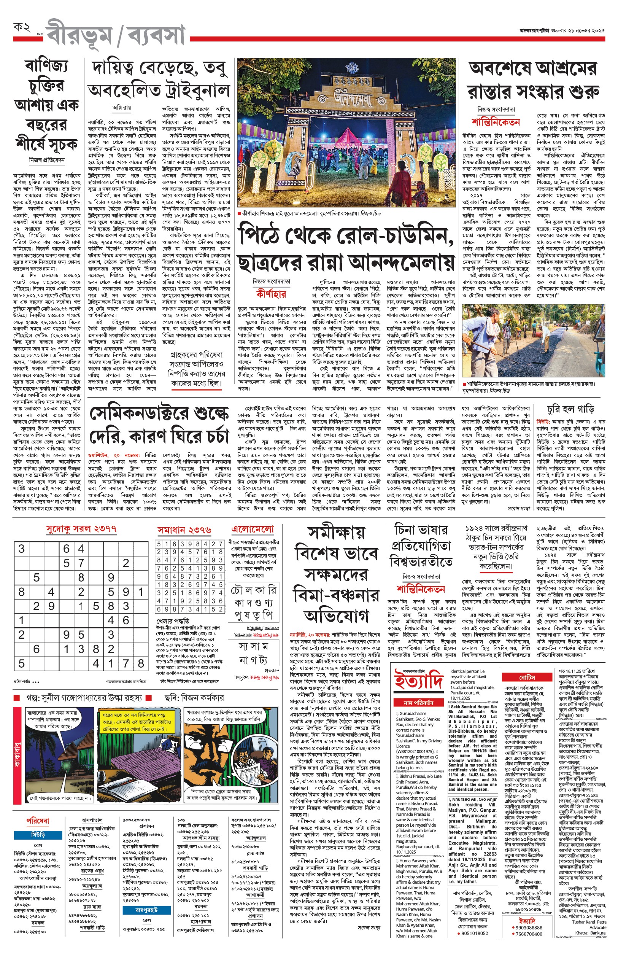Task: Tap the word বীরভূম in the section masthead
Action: pos(79,35)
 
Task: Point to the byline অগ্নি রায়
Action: pos(121,108)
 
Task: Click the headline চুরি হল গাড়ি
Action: pos(570,410)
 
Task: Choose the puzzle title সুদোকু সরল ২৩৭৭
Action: pos(81,528)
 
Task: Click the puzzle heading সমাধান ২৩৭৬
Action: pos(184,530)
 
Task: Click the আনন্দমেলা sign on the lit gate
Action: pos(347,98)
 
